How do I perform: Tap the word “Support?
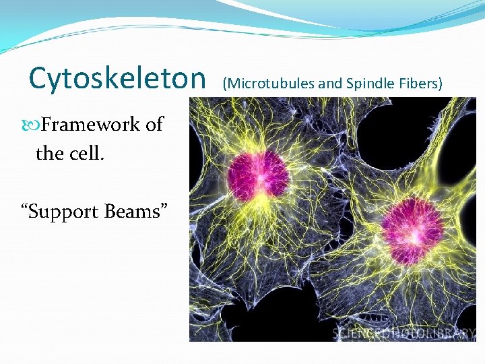(x=61, y=212)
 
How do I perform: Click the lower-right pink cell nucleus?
(x=412, y=222)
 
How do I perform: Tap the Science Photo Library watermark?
(x=403, y=334)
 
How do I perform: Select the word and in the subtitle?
(x=330, y=84)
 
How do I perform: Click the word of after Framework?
(x=154, y=125)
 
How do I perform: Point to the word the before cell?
(x=49, y=154)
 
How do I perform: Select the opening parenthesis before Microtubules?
(x=224, y=84)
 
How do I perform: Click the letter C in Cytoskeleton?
(x=38, y=80)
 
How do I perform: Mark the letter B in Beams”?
(x=111, y=212)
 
